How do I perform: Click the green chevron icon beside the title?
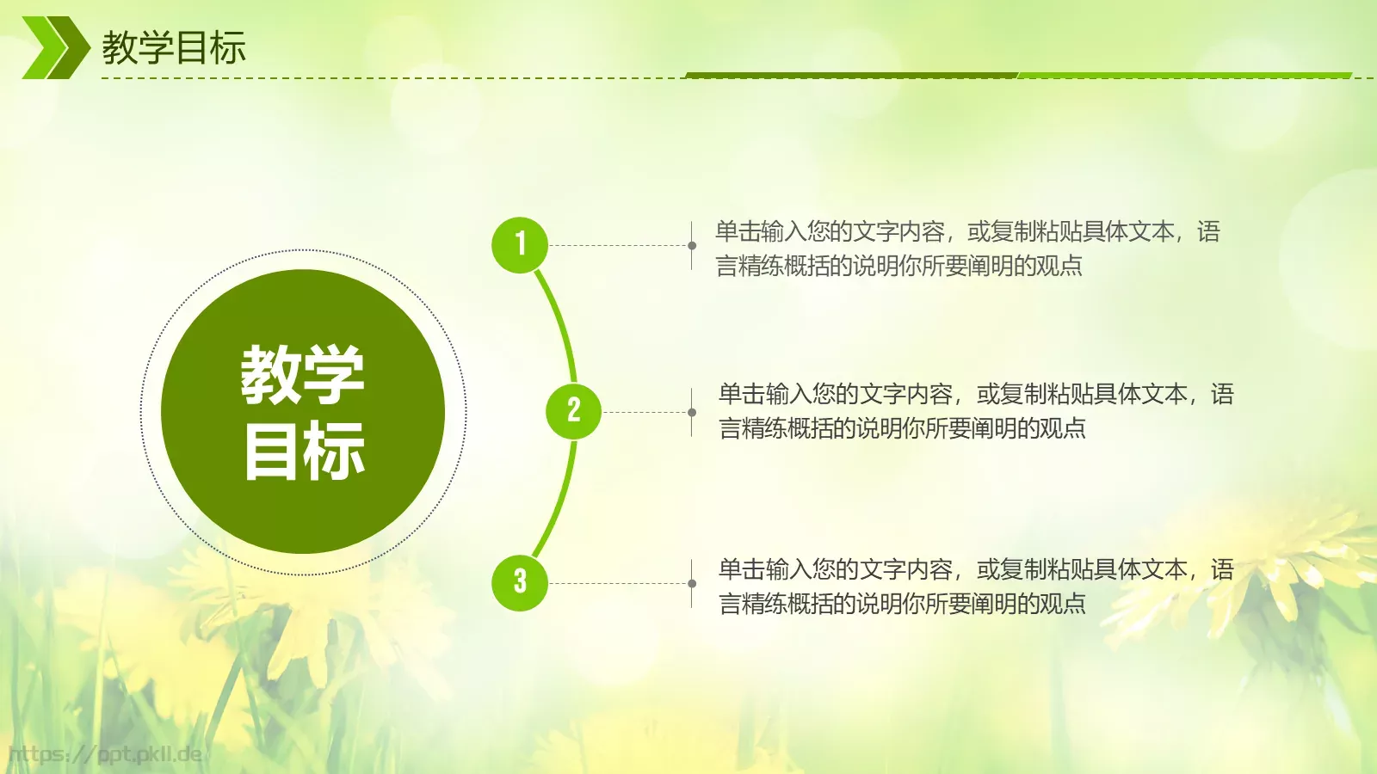(x=54, y=47)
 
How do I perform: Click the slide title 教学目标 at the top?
(x=174, y=47)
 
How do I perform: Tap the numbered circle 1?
(x=520, y=245)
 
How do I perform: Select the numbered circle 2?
(x=573, y=411)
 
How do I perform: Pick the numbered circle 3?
(x=520, y=582)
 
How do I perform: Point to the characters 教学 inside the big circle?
(x=303, y=375)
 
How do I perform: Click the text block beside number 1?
(x=967, y=249)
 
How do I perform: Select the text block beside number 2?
(x=976, y=411)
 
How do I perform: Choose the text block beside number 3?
(x=976, y=587)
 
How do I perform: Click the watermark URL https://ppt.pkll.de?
(x=105, y=755)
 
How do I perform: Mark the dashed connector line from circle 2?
(x=645, y=412)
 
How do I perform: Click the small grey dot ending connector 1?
(x=692, y=245)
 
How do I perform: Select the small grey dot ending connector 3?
(x=692, y=583)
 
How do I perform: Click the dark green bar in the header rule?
(x=852, y=76)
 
